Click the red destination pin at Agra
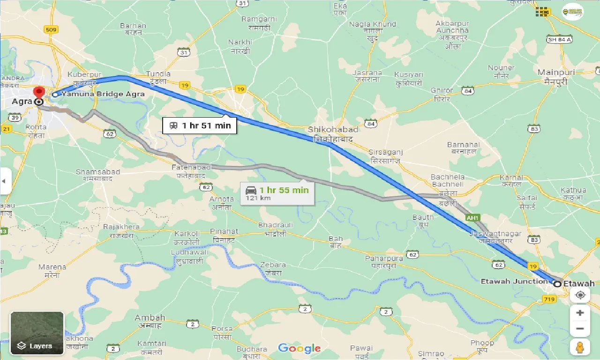click(x=39, y=92)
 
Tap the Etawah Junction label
click(x=514, y=282)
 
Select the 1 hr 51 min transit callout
click(x=200, y=125)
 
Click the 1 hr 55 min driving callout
click(x=277, y=193)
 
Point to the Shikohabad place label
click(x=333, y=130)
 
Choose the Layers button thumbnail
click(x=37, y=333)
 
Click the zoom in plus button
click(x=580, y=313)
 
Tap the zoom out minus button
click(x=580, y=329)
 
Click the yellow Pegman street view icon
click(x=580, y=347)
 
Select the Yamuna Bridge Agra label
click(x=103, y=94)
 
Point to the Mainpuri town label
click(x=553, y=73)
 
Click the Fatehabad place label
click(x=191, y=167)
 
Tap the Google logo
click(x=299, y=348)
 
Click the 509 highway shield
click(x=51, y=30)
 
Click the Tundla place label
click(x=158, y=74)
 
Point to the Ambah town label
click(x=150, y=318)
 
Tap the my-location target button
click(x=580, y=295)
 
